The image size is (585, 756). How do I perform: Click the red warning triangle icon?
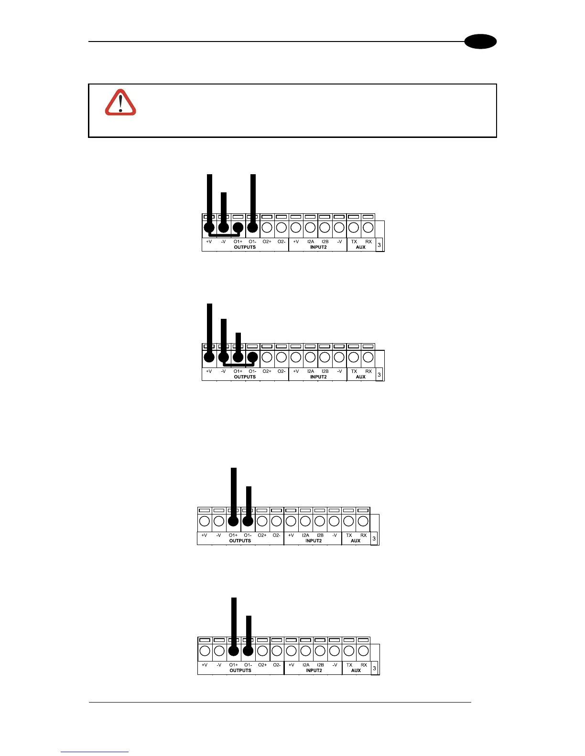[120, 103]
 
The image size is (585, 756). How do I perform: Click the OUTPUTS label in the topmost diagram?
[245, 247]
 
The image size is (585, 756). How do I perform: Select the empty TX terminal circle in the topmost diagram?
[354, 228]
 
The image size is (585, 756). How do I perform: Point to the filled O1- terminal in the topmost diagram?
[253, 228]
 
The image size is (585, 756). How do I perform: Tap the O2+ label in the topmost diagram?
[267, 241]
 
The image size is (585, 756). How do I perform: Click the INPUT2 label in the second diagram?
[318, 377]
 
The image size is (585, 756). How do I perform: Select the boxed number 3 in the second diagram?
[379, 375]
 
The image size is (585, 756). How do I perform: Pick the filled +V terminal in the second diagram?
[209, 357]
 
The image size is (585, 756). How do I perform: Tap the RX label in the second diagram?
[368, 371]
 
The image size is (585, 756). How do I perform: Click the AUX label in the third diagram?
[356, 541]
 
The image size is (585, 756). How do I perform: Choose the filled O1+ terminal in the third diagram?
[233, 521]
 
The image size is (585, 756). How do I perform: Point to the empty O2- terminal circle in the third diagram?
[276, 521]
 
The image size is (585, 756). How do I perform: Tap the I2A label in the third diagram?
[305, 535]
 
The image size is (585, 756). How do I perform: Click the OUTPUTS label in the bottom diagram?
[240, 671]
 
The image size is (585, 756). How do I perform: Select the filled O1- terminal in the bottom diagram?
[248, 651]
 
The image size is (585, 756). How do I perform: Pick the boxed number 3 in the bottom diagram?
[375, 668]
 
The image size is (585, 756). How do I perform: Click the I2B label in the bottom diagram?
[320, 665]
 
